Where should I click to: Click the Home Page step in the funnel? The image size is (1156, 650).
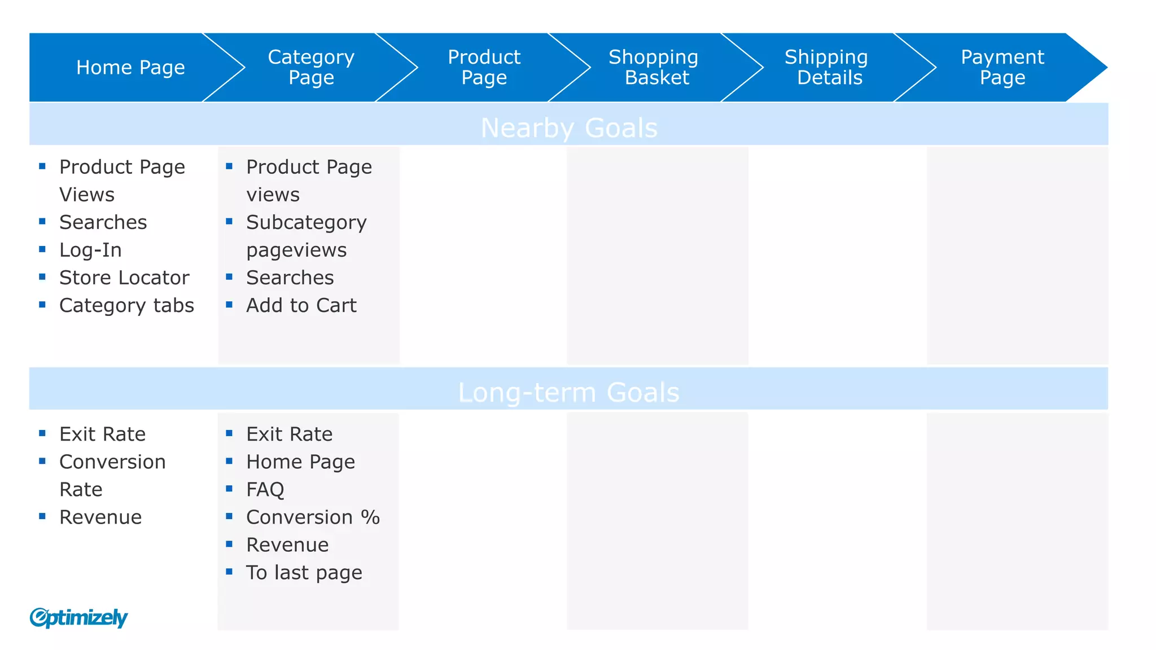(130, 68)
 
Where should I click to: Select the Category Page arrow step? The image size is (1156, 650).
(311, 68)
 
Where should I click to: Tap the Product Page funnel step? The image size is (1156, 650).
(484, 68)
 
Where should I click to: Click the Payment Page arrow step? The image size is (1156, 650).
(1002, 68)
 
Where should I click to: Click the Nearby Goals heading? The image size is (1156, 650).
(569, 128)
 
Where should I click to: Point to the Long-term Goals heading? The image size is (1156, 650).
(568, 392)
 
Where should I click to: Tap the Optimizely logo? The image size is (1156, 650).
(79, 617)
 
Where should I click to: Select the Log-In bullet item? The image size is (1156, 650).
(90, 250)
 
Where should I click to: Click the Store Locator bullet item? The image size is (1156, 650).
(124, 278)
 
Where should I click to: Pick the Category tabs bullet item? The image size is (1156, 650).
(126, 305)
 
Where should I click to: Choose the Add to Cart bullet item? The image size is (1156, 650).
(301, 305)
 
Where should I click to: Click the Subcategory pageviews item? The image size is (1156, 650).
(306, 236)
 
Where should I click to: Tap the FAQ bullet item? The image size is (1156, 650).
(265, 489)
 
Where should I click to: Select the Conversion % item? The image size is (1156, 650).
(313, 517)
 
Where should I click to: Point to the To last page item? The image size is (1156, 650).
(304, 573)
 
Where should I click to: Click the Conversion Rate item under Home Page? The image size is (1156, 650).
(112, 475)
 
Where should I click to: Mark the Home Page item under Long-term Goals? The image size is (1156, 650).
(300, 462)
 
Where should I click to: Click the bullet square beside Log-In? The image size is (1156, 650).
(42, 249)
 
